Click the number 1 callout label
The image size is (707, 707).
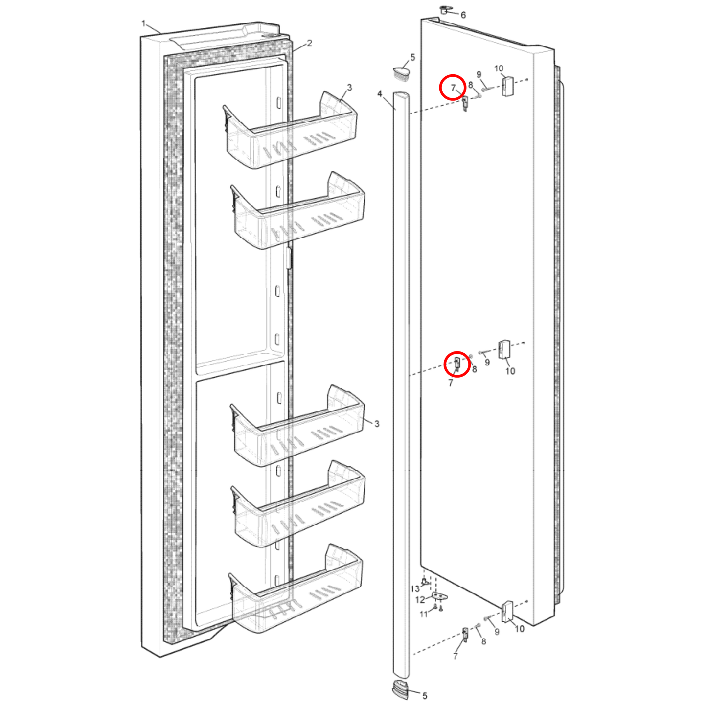tap(144, 23)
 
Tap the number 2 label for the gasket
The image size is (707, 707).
tap(309, 43)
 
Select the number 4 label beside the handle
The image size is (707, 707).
tap(380, 93)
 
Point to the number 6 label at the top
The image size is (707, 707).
tap(463, 15)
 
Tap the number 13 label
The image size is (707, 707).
tap(415, 589)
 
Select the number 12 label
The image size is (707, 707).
tap(420, 600)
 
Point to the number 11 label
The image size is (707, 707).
tap(424, 614)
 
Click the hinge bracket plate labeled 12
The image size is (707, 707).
tap(440, 596)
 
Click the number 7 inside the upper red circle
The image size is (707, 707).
tap(453, 88)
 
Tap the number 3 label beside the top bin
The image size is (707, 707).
tap(349, 88)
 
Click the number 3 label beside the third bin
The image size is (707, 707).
tap(376, 424)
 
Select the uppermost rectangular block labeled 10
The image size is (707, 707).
tap(507, 87)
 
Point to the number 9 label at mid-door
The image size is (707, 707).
tap(487, 363)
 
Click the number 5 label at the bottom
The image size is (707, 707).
tap(424, 696)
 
